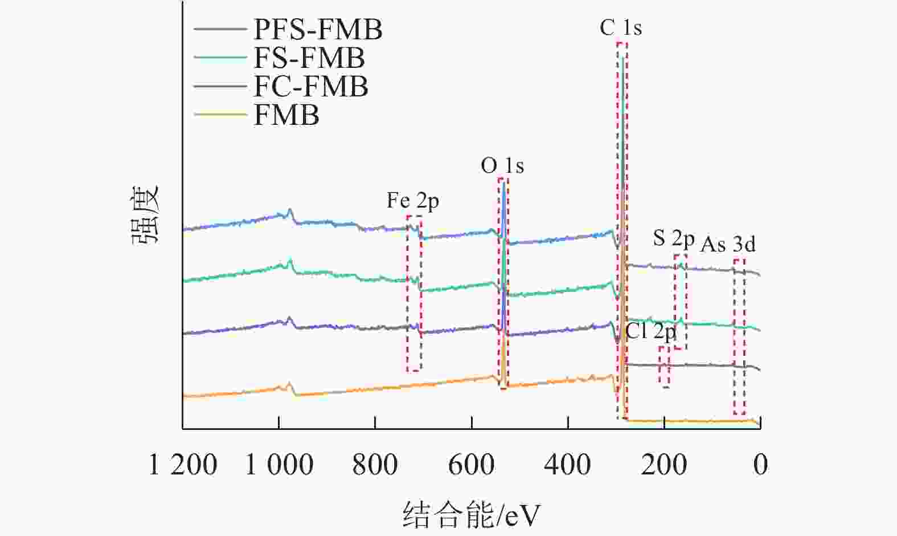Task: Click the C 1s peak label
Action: [620, 28]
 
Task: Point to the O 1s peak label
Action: [502, 166]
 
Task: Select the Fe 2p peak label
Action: [412, 201]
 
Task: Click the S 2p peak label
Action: [673, 238]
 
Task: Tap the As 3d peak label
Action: [727, 244]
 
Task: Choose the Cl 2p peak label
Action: [650, 331]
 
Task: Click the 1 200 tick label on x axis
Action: [183, 465]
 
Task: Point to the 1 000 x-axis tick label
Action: [279, 465]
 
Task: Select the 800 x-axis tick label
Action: [375, 465]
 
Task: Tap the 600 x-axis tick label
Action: [471, 465]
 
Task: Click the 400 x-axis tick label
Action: [567, 465]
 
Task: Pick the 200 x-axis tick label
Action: [663, 465]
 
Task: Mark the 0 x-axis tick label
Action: [760, 465]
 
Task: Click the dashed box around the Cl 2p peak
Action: [664, 367]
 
